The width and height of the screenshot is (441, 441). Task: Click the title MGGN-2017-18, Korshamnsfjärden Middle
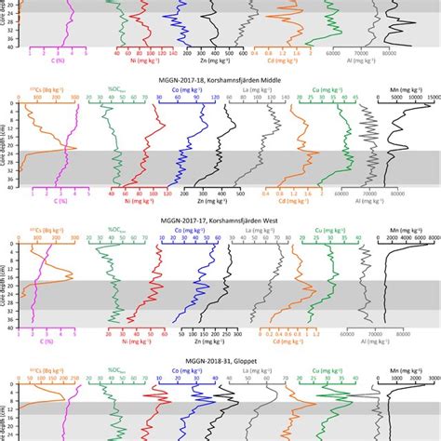coord(220,82)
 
